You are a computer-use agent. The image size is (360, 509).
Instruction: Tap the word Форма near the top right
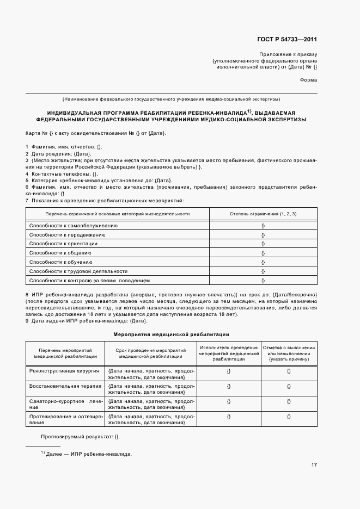[308, 80]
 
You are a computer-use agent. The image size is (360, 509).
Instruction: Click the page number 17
[314, 464]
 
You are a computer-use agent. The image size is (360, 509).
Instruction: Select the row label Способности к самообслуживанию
[73, 225]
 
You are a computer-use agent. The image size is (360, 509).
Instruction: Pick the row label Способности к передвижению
[67, 234]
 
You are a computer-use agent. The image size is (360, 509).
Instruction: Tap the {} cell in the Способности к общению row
[263, 253]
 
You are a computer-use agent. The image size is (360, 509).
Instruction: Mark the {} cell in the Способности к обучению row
[263, 262]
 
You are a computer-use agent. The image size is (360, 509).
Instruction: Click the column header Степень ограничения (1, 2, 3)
[263, 214]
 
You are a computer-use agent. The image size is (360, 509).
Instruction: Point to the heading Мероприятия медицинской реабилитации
[171, 334]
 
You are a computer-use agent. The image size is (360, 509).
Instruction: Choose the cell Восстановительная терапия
[65, 386]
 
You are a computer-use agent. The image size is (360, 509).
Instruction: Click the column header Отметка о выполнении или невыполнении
[289, 353]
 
